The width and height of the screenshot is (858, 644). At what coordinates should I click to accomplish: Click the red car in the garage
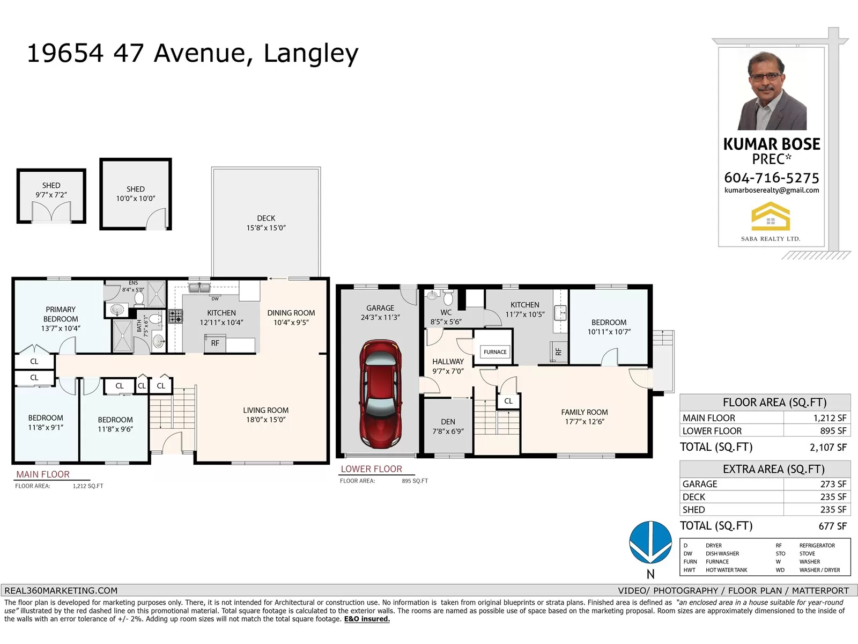pyautogui.click(x=380, y=394)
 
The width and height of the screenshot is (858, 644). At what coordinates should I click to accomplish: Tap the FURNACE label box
pyautogui.click(x=495, y=352)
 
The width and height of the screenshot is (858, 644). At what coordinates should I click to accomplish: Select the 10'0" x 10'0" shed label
pyautogui.click(x=136, y=194)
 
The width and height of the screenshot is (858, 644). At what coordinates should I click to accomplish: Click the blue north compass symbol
pyautogui.click(x=650, y=543)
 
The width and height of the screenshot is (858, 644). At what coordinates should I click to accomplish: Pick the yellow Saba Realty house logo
pyautogui.click(x=771, y=216)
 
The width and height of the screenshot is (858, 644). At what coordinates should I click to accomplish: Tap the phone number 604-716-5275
pyautogui.click(x=772, y=178)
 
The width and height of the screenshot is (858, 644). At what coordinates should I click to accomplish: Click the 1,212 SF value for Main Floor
pyautogui.click(x=830, y=418)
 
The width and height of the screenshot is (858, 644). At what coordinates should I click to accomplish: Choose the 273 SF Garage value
pyautogui.click(x=833, y=484)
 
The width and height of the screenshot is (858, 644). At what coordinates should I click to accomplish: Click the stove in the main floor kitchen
pyautogui.click(x=175, y=316)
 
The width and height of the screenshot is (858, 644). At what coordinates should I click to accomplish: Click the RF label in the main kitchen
pyautogui.click(x=215, y=343)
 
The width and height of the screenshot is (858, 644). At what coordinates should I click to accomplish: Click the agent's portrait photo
pyautogui.click(x=772, y=91)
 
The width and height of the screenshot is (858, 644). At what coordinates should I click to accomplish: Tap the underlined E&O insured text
pyautogui.click(x=367, y=619)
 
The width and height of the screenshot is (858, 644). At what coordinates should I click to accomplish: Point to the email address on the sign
pyautogui.click(x=772, y=191)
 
